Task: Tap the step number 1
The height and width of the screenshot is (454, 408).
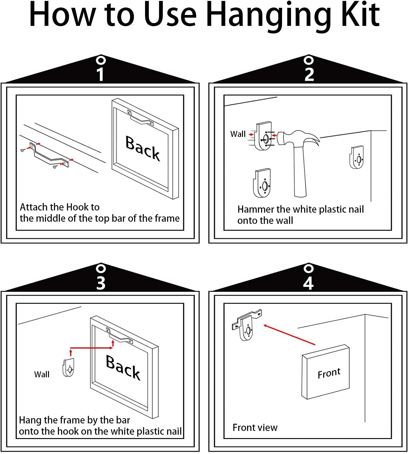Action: (100, 74)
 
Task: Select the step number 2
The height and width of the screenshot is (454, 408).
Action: (309, 74)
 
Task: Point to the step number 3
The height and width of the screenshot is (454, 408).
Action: (101, 283)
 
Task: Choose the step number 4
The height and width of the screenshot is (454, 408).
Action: (308, 283)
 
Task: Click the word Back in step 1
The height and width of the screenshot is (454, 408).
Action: (143, 148)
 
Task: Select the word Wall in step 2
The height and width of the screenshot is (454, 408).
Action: (238, 134)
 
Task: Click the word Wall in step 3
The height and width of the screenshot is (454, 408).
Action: (42, 374)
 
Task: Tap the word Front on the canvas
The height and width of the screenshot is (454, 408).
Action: (329, 373)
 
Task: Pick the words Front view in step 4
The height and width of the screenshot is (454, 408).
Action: (255, 427)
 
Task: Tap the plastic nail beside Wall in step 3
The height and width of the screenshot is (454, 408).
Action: (68, 367)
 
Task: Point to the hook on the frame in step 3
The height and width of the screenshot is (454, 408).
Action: (120, 336)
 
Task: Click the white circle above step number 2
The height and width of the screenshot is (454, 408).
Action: (309, 60)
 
